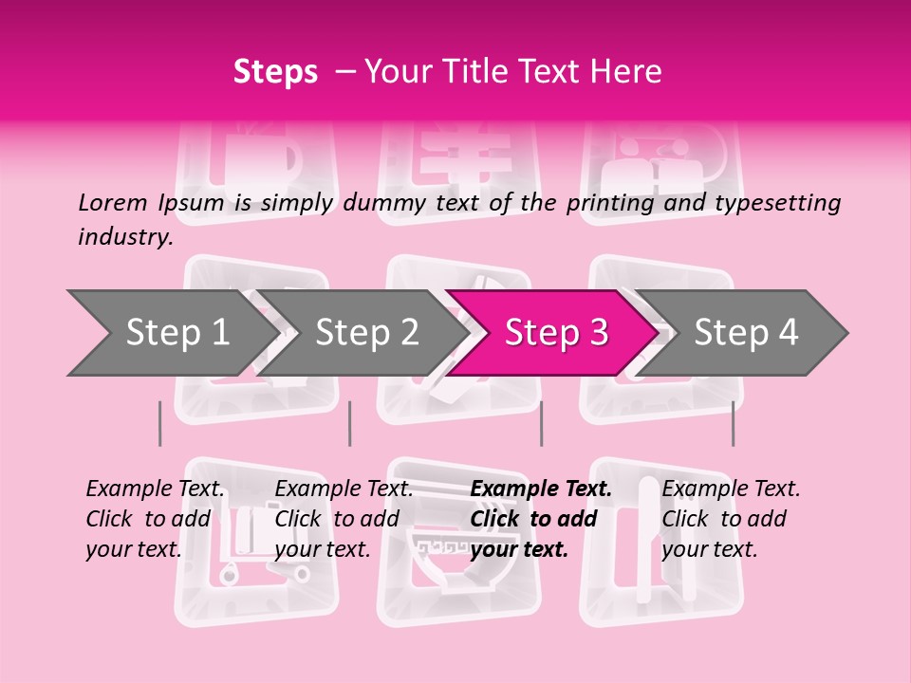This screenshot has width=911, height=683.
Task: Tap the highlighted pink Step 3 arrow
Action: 556,333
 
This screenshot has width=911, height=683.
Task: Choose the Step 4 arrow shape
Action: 746,333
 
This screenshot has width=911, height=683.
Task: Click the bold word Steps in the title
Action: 275,72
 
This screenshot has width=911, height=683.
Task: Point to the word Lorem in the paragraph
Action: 113,202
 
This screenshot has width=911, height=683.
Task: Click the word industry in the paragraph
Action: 124,237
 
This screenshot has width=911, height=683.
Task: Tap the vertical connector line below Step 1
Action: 160,423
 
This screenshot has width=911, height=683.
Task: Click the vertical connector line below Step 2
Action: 350,423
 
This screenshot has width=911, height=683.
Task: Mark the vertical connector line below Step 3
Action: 541,423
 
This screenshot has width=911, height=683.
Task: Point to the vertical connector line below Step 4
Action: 733,423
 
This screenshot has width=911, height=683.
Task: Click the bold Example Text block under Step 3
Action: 540,519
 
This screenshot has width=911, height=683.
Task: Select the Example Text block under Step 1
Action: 156,519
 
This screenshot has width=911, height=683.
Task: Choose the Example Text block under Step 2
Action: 344,519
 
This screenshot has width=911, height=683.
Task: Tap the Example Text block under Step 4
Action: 730,519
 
